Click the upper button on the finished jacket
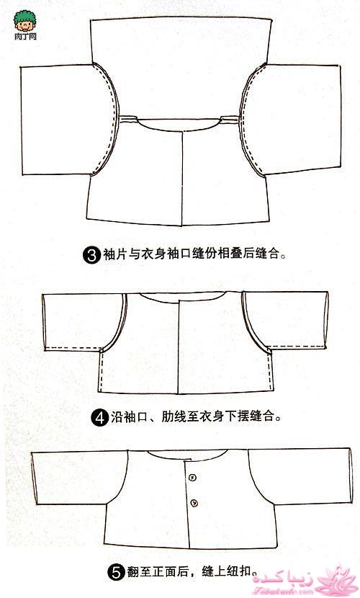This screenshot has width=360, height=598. [x=192, y=477]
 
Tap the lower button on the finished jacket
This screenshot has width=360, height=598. [x=194, y=504]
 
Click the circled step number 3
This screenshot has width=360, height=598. [x=91, y=254]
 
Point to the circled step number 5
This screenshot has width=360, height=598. [x=116, y=573]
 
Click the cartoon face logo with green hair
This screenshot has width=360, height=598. [x=24, y=22]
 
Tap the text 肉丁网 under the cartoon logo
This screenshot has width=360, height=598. [x=25, y=37]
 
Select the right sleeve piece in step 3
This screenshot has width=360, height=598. [x=293, y=120]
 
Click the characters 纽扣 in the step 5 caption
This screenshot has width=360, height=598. [x=239, y=571]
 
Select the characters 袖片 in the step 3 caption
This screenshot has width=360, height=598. [x=115, y=254]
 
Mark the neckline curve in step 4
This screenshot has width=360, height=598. [x=181, y=298]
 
